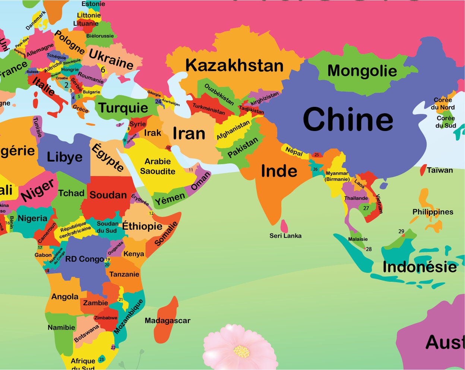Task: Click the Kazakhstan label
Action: tap(234, 66)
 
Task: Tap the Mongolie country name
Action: tap(362, 71)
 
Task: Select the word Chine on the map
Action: tap(348, 119)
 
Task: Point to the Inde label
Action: tap(279, 171)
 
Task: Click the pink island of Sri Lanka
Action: tap(284, 226)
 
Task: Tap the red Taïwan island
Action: tap(423, 170)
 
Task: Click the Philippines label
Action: tap(433, 212)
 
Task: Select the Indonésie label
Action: tap(420, 267)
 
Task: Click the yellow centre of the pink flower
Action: tap(241, 351)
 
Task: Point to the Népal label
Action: tap(294, 151)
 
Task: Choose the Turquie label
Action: tap(123, 108)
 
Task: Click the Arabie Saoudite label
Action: tap(158, 166)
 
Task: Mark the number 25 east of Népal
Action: tap(317, 155)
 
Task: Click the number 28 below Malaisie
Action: tap(369, 249)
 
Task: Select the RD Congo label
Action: tap(85, 259)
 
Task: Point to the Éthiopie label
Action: tap(142, 226)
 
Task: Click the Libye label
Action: tap(64, 157)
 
